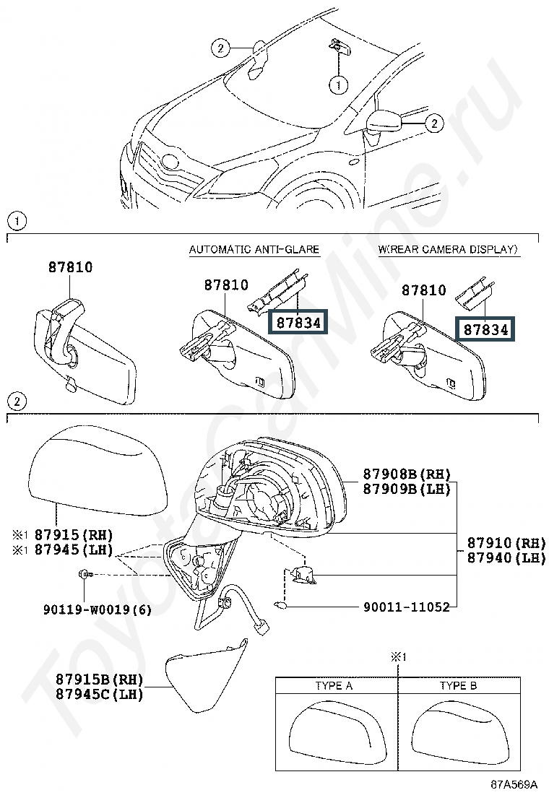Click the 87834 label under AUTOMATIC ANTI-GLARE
coord(298,323)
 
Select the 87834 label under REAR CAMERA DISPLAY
coord(485,329)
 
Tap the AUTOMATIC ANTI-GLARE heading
coord(254,249)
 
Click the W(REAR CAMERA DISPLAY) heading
coord(448,249)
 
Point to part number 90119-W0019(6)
coord(98,609)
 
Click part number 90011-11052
coord(407,607)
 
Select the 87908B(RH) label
coord(407,474)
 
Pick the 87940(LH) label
coord(506,557)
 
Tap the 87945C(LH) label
coord(100,694)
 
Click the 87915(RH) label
coord(74,534)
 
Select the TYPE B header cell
coord(459,686)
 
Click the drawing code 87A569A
coord(514,784)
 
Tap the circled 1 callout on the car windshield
coord(339,84)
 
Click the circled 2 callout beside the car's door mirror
coord(434,123)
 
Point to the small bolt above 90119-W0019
coord(85,575)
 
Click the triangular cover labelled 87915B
coord(205,676)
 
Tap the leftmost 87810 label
coord(71,266)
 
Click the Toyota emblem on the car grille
coord(169,162)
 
